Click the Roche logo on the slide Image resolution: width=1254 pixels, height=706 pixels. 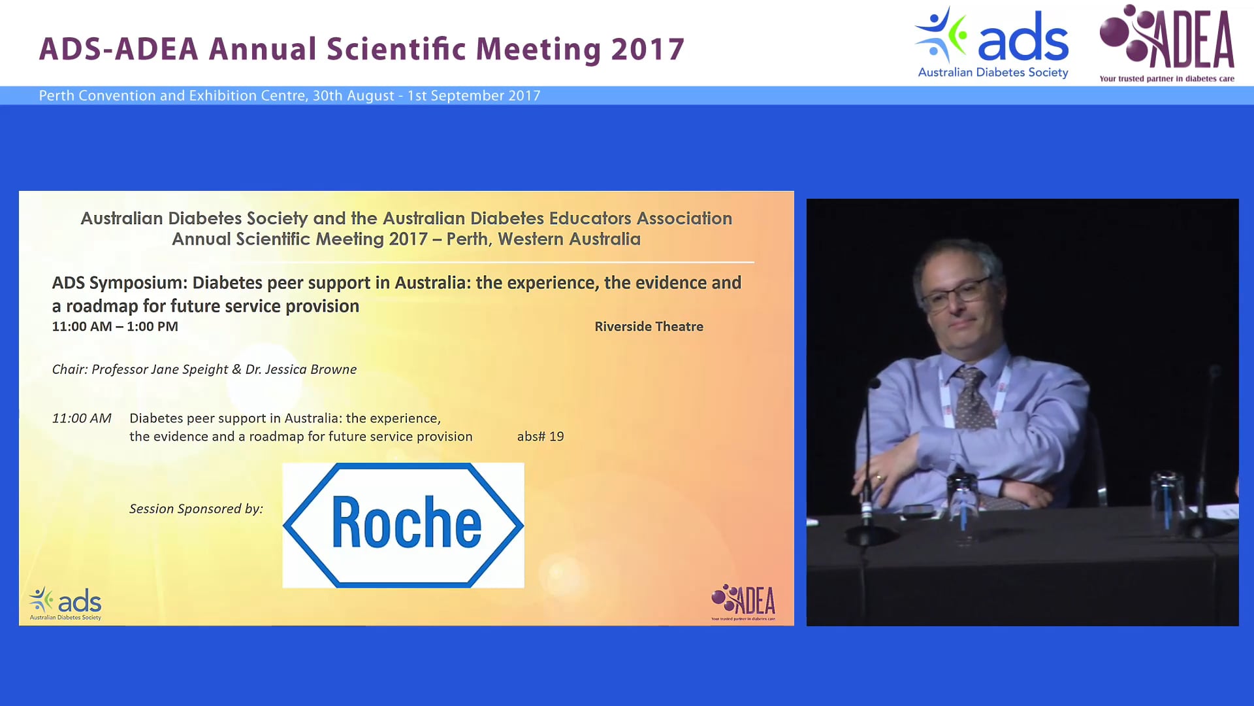pos(403,525)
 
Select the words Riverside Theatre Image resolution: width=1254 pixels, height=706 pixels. pos(649,326)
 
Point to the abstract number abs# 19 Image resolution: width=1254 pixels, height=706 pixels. pos(540,436)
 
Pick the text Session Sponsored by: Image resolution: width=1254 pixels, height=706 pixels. pos(196,509)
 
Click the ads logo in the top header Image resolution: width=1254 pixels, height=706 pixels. pos(992,43)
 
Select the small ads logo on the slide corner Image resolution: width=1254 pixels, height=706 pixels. pos(65,603)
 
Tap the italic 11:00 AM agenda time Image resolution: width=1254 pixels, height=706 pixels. pos(82,418)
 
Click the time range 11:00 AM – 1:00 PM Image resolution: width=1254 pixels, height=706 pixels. pos(115,326)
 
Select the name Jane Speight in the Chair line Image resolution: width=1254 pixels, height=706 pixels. pos(189,369)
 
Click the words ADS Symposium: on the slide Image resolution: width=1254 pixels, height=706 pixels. pos(120,282)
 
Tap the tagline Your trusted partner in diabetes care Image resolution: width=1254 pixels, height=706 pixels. pos(1166,78)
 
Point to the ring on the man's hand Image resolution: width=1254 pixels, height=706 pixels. pos(878,478)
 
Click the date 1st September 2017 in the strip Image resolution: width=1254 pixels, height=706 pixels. pos(474,95)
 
